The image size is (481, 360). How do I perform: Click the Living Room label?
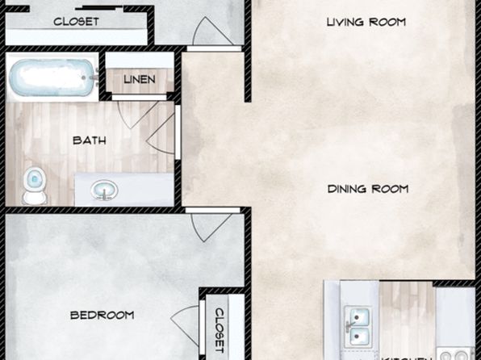pos(366,22)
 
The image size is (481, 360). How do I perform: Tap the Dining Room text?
pos(368,190)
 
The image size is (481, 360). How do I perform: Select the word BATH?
pos(89,140)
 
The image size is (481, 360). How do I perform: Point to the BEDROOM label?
pos(102,314)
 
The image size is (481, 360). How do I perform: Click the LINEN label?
pos(140,80)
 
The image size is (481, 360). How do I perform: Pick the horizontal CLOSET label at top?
pos(76,22)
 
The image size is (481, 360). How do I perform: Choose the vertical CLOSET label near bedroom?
pos(220,329)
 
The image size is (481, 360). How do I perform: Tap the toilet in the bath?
pos(34,185)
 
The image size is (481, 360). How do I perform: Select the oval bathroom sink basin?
pos(103,190)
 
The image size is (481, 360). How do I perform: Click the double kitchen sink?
pos(358,323)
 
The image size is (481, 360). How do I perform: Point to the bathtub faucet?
pos(91,78)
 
